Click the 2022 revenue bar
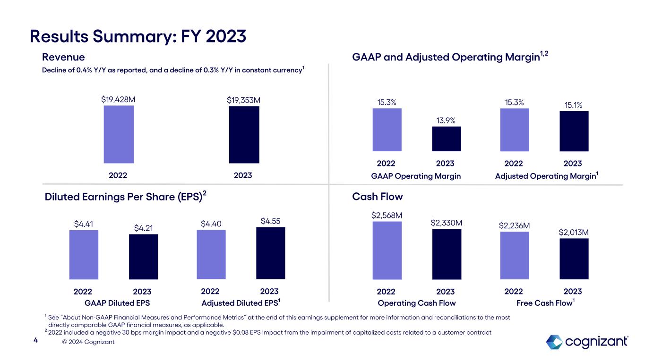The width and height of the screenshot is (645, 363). tap(119, 134)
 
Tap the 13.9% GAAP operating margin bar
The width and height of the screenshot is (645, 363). tap(447, 139)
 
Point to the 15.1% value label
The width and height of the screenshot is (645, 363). tap(574, 105)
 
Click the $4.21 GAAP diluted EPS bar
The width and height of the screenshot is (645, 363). tap(144, 257)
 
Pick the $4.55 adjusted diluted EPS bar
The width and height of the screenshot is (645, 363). tap(270, 253)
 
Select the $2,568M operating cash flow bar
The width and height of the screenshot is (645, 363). tap(387, 251)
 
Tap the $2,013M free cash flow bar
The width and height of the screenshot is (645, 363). tap(574, 259)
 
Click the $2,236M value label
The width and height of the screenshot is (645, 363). tap(514, 225)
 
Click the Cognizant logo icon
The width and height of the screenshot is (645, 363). tap(554, 342)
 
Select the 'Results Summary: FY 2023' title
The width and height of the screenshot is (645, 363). tap(138, 35)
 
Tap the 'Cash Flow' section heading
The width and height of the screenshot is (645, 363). tap(378, 196)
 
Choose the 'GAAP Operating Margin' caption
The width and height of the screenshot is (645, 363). tap(416, 176)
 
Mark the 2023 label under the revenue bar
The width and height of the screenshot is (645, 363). tap(243, 175)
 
